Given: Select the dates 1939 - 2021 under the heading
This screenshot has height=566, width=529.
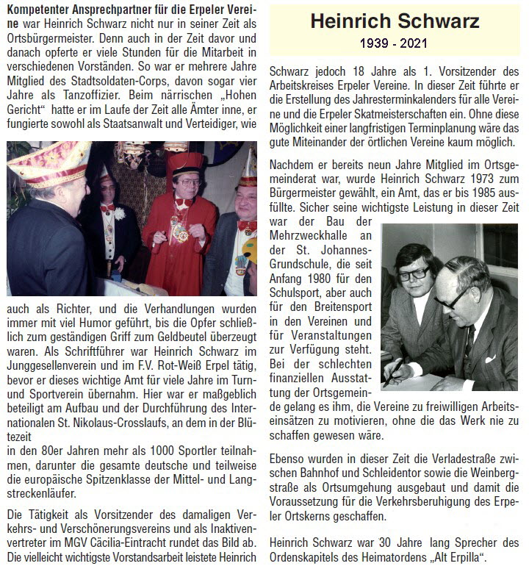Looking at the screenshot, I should [394, 43].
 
